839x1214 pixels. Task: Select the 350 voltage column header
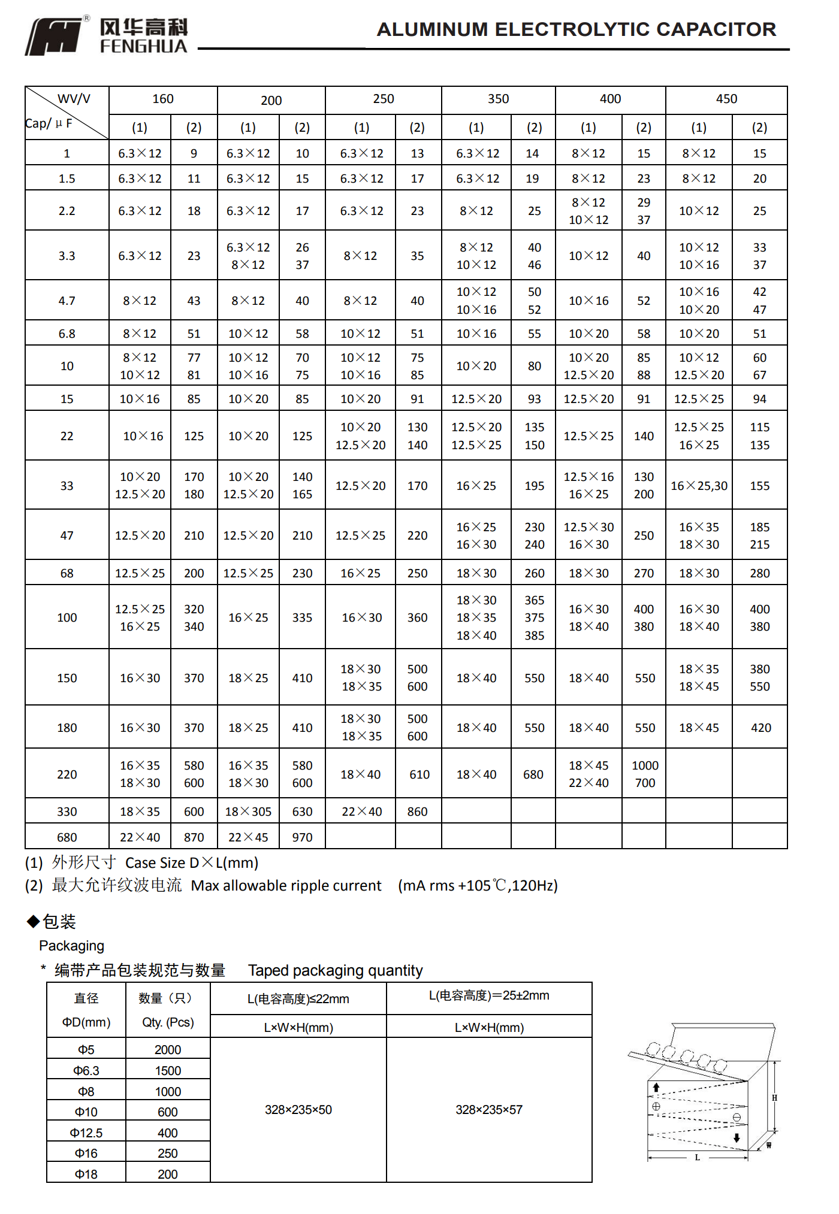(x=498, y=99)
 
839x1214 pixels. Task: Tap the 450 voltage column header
(x=726, y=99)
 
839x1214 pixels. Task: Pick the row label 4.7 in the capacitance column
(x=67, y=301)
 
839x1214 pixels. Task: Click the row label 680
(x=67, y=837)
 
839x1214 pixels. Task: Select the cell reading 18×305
(x=248, y=812)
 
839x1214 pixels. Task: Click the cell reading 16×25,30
(x=699, y=486)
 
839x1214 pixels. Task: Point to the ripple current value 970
(x=302, y=837)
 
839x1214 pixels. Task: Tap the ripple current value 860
(x=417, y=812)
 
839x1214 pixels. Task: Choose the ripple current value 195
(x=534, y=486)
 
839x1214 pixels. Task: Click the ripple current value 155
(x=759, y=486)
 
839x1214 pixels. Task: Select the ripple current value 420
(x=761, y=728)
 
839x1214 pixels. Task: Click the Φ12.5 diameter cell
(x=86, y=1133)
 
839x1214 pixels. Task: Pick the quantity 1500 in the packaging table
(x=168, y=1070)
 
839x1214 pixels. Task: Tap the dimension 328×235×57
(x=489, y=1110)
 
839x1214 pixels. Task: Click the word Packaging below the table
(x=71, y=946)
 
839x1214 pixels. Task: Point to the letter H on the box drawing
(x=774, y=1098)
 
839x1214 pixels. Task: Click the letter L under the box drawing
(x=697, y=1158)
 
